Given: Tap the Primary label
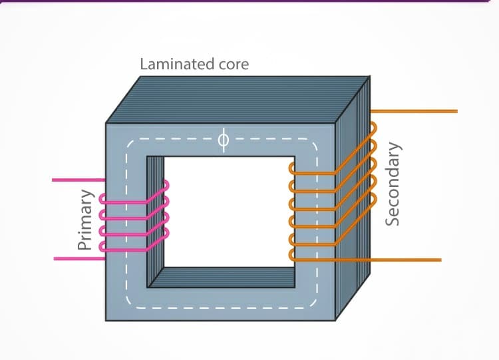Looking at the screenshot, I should (x=84, y=219).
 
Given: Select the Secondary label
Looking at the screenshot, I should (x=393, y=182).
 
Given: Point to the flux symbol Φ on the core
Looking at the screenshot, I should (x=223, y=140).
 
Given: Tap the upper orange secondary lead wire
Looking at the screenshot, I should (x=419, y=111).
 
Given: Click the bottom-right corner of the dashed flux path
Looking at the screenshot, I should (x=315, y=306).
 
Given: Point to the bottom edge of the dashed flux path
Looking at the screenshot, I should (x=220, y=308).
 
